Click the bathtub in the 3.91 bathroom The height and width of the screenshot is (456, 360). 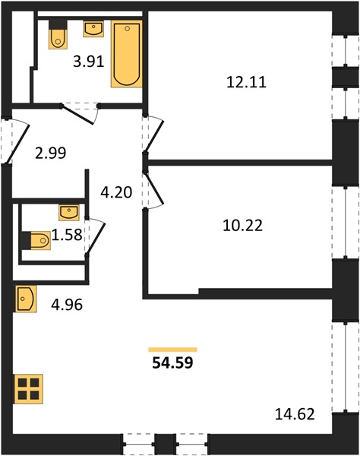click(126, 54)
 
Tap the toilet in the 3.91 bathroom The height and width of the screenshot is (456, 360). click(58, 34)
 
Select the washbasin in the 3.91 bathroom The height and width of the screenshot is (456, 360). click(93, 29)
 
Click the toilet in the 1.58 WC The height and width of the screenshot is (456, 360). click(36, 240)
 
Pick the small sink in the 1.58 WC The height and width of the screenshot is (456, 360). click(69, 212)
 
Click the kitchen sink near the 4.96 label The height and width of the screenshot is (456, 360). click(26, 299)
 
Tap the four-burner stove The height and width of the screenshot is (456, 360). click(28, 389)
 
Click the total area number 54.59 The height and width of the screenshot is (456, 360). click(172, 363)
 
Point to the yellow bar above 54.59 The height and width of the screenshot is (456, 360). click(172, 350)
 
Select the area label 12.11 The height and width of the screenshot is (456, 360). click(246, 82)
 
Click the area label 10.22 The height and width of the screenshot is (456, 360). click(242, 226)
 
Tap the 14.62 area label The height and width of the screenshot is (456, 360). click(295, 414)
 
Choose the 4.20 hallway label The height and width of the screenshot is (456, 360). click(116, 192)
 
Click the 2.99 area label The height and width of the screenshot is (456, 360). click(51, 153)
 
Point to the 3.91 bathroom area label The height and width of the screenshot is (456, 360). click(88, 62)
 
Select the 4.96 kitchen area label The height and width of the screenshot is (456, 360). click(67, 305)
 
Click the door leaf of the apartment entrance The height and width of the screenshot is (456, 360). click(18, 144)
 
